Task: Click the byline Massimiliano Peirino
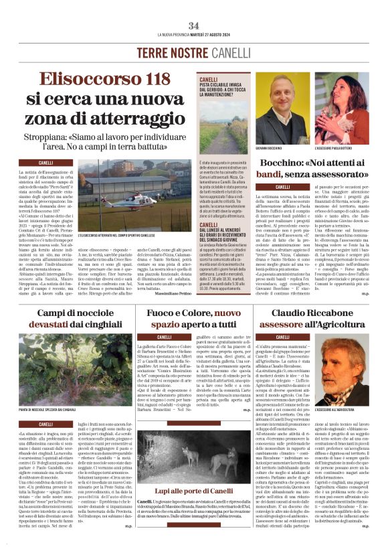tap(171, 277)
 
